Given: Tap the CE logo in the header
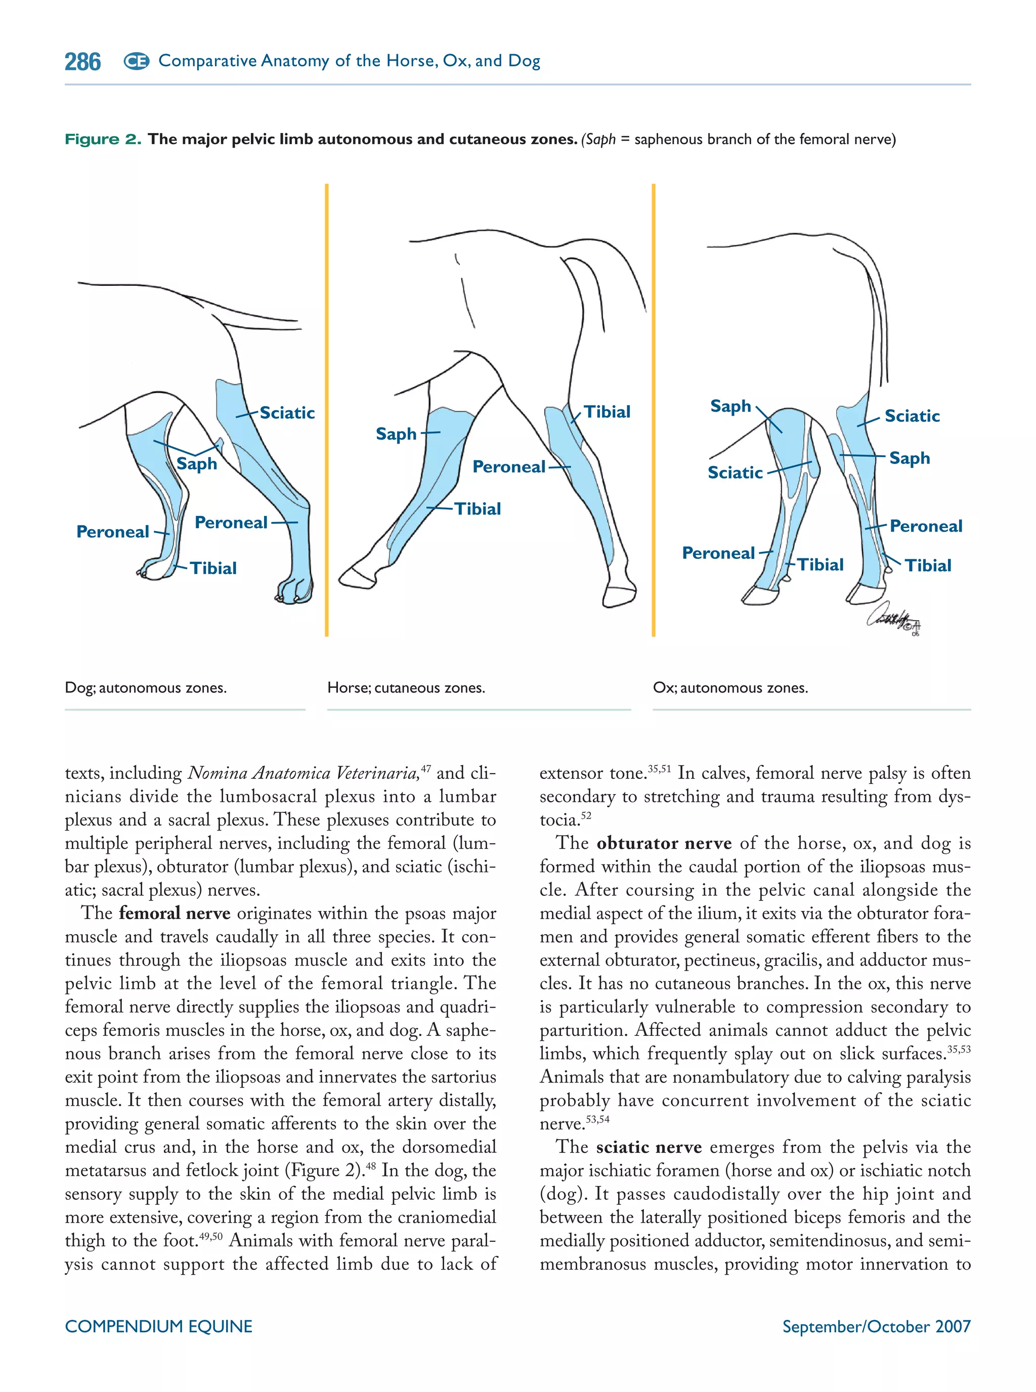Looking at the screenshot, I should pos(136,61).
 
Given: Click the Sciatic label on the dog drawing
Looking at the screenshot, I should pos(287,413).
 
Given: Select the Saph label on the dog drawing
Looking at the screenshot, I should pos(196,464).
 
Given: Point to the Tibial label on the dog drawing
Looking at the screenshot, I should pos(213,568).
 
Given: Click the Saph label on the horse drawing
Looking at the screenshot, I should pos(396,434).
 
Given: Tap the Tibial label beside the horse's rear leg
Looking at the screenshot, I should pos(607,412).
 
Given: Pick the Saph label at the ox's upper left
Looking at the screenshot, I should pos(730,406).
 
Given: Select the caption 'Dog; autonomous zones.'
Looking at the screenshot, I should pos(146,688).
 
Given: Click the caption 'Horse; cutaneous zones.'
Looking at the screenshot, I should pos(406,688).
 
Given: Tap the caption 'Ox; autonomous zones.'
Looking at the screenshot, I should pos(730,688).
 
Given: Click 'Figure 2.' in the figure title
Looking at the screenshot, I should pos(103,139).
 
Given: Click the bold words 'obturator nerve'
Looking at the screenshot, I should pos(664,843).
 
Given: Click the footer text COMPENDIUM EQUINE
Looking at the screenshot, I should pos(159,1326).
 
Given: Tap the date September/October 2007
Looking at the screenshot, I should pos(876,1326).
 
